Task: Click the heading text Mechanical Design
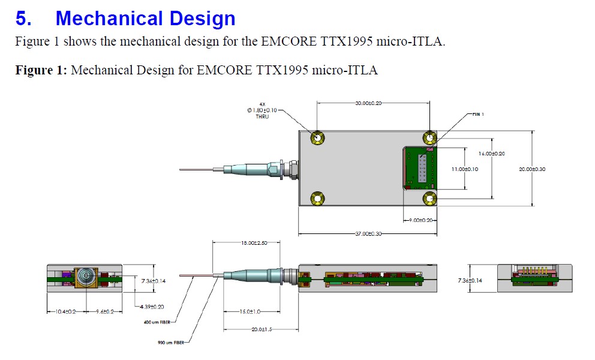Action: click(145, 19)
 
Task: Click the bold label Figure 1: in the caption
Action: click(41, 71)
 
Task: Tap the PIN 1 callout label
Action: click(478, 114)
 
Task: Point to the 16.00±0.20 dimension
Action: click(492, 154)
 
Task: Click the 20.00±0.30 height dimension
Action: click(533, 169)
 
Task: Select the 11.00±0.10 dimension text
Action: click(465, 169)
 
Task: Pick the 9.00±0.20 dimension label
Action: click(421, 221)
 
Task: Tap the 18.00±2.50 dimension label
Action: click(253, 242)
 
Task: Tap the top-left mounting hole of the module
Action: click(317, 139)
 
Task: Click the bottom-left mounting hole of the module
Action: click(317, 199)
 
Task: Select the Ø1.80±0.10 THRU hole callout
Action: click(262, 110)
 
